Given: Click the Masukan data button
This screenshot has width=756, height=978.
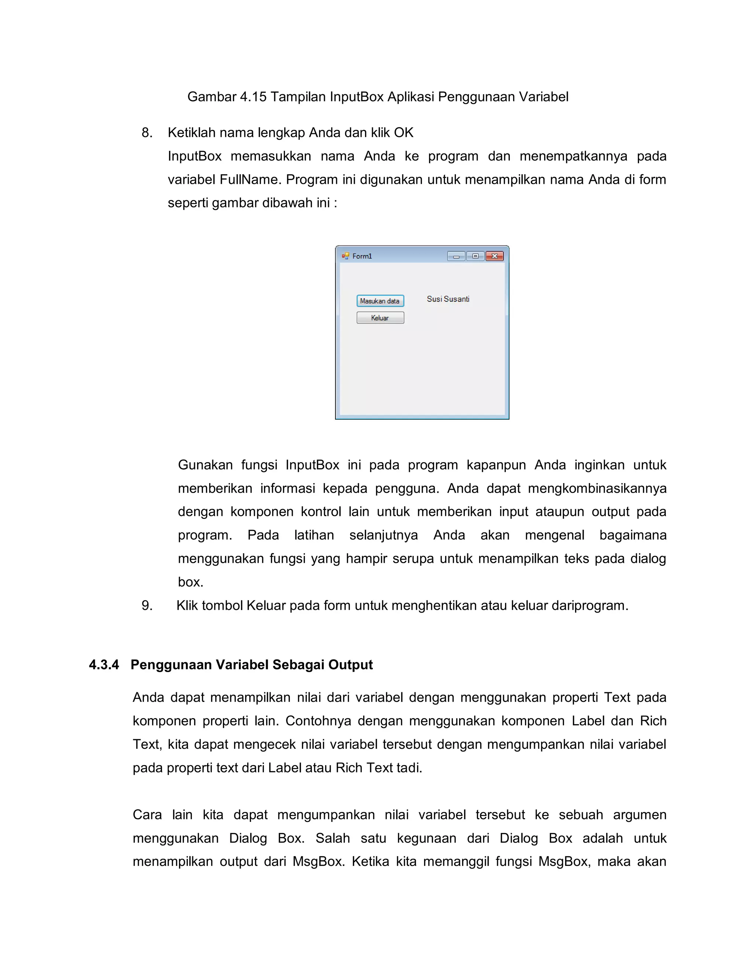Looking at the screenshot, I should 380,301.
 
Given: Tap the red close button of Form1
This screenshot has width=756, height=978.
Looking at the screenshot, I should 494,256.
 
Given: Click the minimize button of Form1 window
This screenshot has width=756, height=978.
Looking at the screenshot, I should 456,256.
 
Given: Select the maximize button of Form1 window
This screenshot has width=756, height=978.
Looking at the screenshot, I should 475,256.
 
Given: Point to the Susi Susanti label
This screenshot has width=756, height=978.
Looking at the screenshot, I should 448,299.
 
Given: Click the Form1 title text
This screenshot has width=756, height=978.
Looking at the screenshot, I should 362,256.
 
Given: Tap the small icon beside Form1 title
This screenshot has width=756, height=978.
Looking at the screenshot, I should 345,256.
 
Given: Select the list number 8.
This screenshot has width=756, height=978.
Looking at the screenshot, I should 147,132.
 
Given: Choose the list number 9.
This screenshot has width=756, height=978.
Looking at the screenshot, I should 147,605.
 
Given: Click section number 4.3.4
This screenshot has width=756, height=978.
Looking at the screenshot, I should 104,665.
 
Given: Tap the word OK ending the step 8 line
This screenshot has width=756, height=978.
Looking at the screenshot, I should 403,132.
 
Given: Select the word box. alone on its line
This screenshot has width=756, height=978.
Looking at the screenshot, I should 190,582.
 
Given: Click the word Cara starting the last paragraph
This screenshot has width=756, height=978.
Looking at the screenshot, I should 147,815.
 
